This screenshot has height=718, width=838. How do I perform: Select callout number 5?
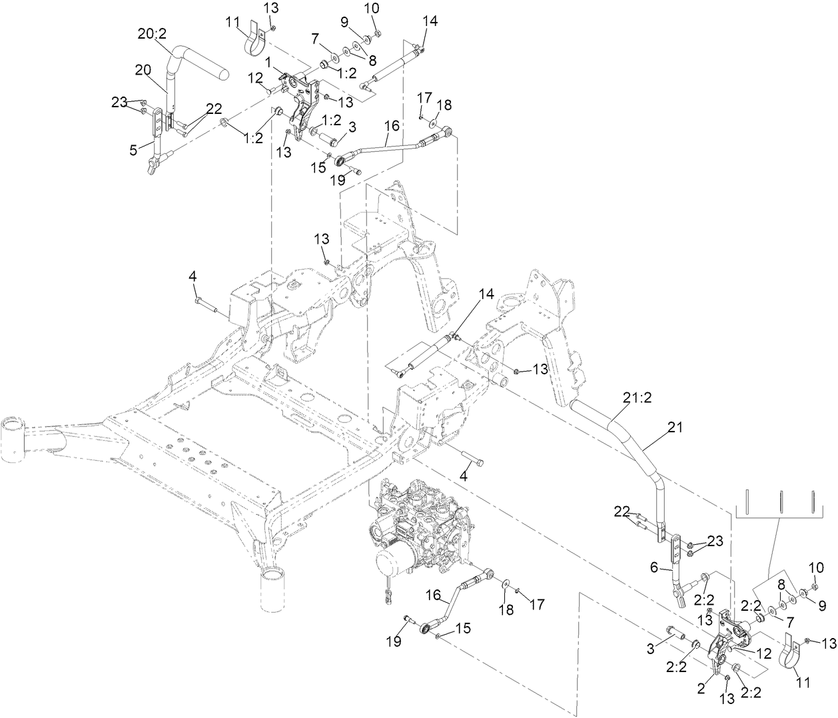click(x=135, y=150)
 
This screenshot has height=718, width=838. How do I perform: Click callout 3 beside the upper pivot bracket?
click(x=352, y=126)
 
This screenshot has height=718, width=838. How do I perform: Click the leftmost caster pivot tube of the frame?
click(x=13, y=437)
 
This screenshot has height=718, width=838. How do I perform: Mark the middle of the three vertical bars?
click(x=780, y=502)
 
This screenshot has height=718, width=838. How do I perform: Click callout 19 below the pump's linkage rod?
click(x=394, y=641)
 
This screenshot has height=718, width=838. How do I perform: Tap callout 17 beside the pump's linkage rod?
click(x=537, y=604)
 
